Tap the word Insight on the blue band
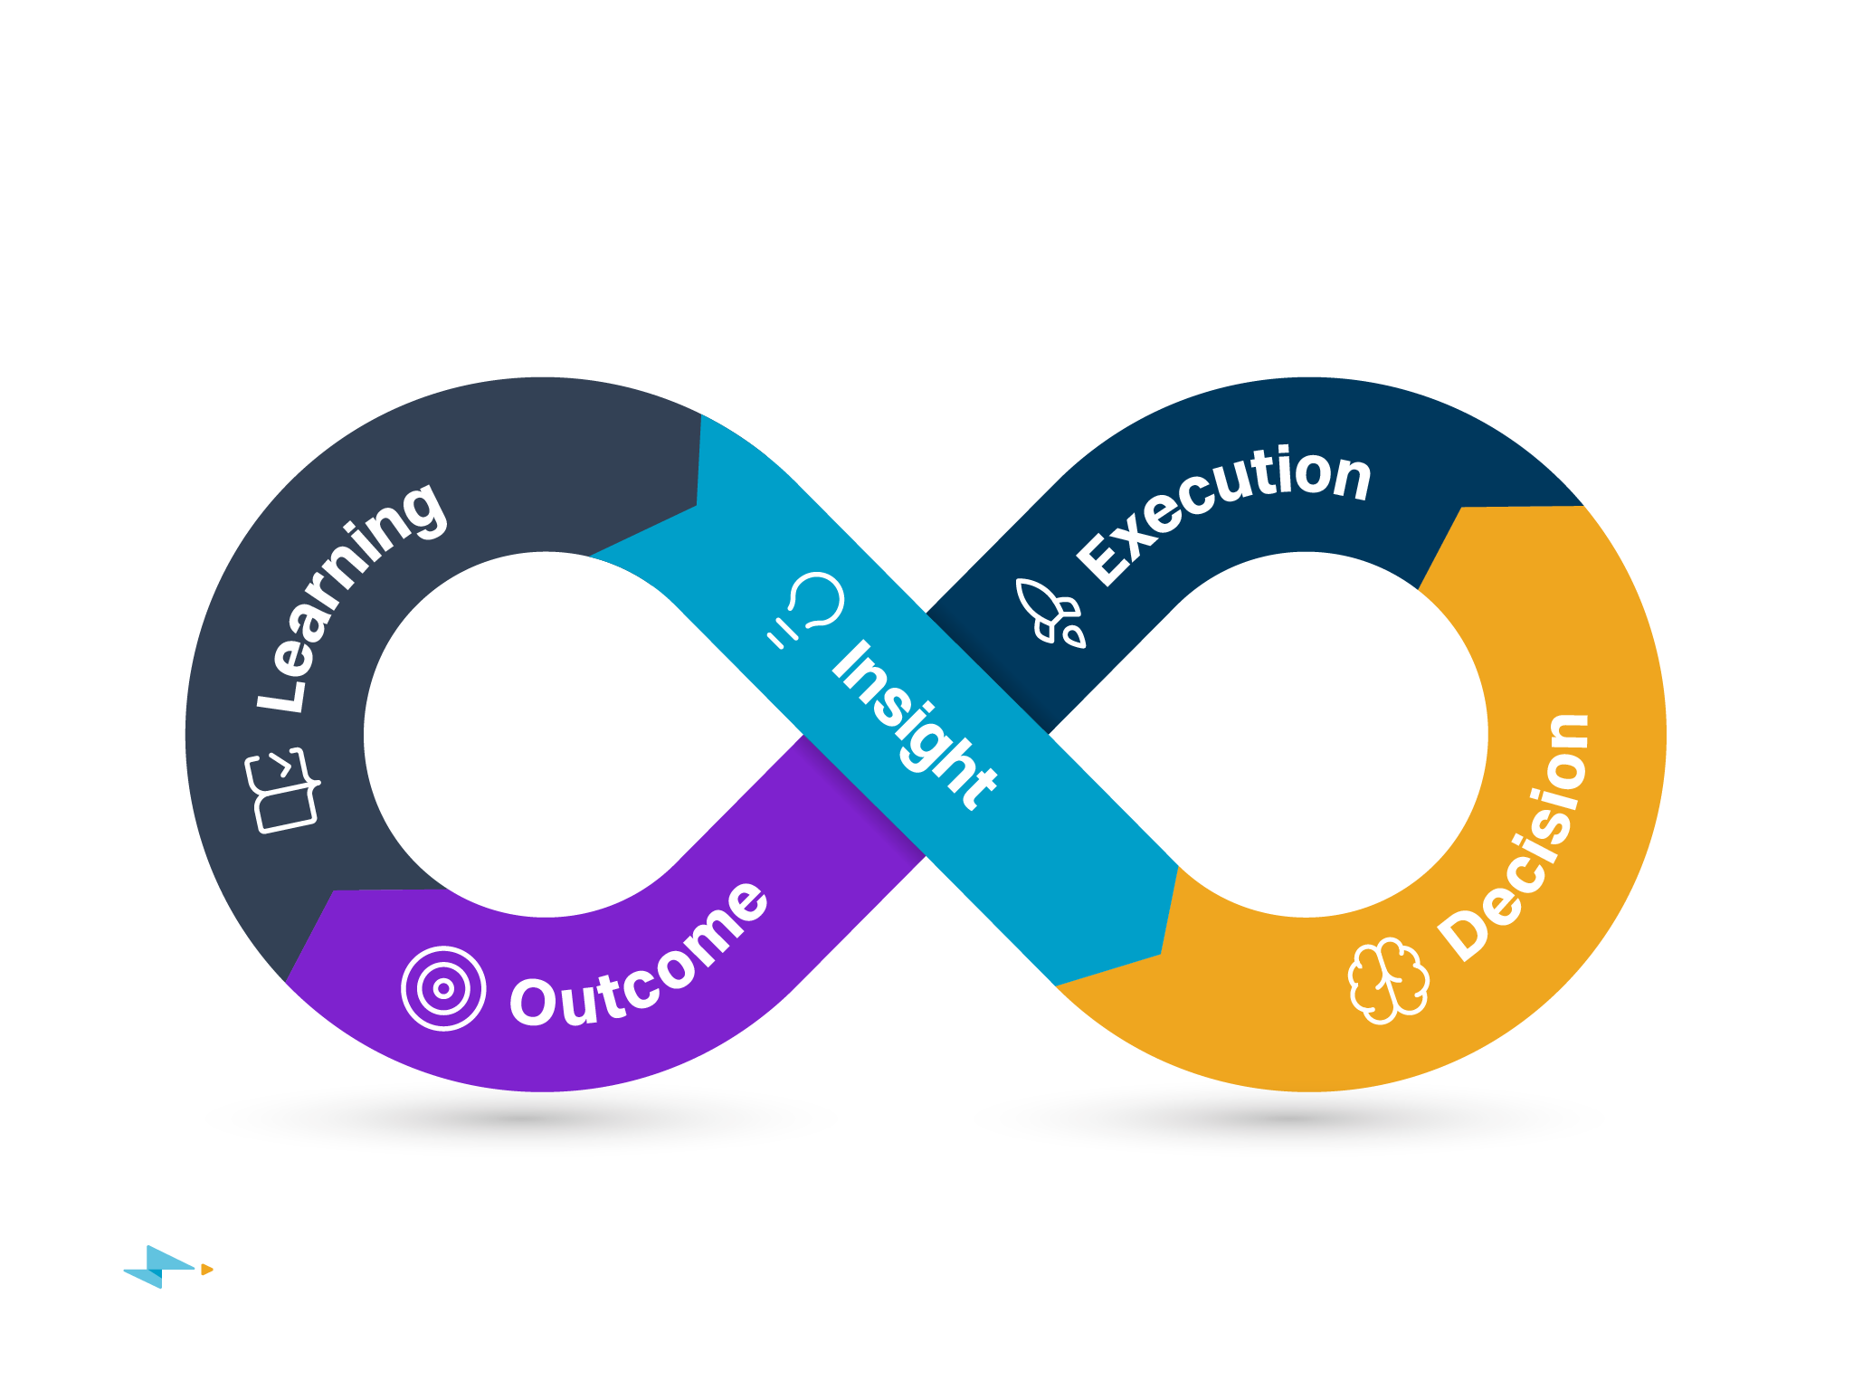[x=914, y=724]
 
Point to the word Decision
[x=1516, y=837]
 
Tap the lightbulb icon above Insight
[x=808, y=609]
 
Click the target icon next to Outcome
[x=443, y=988]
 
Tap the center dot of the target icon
[x=443, y=988]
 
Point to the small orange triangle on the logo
[x=206, y=1270]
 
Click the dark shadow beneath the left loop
[x=520, y=1120]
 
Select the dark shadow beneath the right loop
[x=1288, y=1120]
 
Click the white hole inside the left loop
[x=543, y=733]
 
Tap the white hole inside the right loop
[x=1307, y=733]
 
